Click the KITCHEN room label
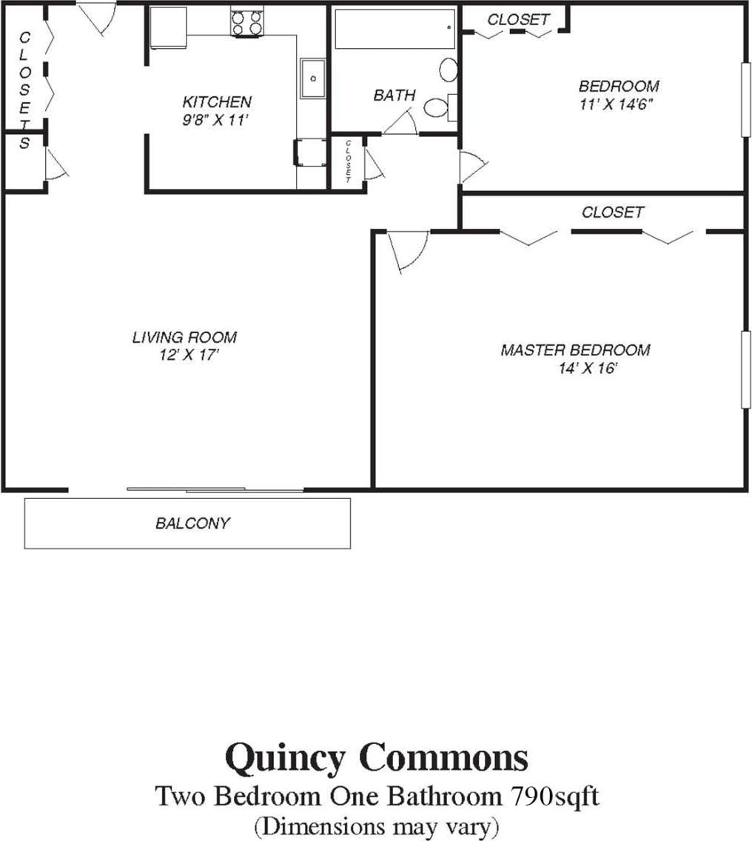pos(217,102)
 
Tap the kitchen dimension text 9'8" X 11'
pos(218,119)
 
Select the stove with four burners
pos(247,23)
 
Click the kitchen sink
pos(312,78)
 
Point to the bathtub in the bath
pos(394,30)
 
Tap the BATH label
pos(394,96)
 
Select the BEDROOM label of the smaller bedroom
pos(618,86)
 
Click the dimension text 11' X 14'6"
pos(618,104)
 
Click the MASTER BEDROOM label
pos(575,350)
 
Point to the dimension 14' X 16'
pos(588,369)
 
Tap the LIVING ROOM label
pos(184,338)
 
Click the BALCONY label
pos(192,523)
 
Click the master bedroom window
pos(744,368)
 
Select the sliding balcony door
pos(215,489)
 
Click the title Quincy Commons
pos(376,759)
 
